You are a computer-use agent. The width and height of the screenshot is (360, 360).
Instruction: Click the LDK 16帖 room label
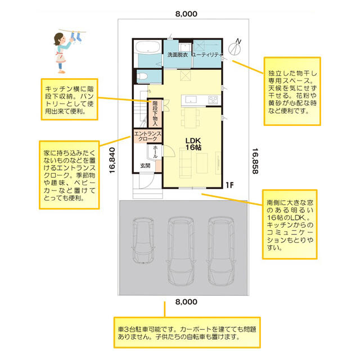(x=193, y=144)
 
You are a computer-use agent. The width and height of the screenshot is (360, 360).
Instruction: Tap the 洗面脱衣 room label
(x=178, y=55)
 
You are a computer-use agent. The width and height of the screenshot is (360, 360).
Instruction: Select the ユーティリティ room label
(x=207, y=55)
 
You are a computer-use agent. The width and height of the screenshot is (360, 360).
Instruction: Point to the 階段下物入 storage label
(x=155, y=113)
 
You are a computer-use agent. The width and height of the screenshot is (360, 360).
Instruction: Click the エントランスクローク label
(x=147, y=136)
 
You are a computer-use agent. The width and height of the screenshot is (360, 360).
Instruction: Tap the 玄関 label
(x=145, y=165)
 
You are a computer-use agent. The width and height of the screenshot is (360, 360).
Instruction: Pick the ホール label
(x=155, y=152)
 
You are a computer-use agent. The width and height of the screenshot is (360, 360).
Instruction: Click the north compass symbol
(x=235, y=48)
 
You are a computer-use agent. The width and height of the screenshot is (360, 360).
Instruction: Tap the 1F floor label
(x=229, y=185)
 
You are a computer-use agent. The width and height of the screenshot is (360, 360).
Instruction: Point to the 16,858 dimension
(x=255, y=161)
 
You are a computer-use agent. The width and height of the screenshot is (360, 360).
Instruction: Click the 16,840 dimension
(x=112, y=160)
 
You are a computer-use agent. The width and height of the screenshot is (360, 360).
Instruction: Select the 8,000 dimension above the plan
(x=186, y=13)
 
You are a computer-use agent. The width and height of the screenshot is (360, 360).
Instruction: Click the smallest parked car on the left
(x=142, y=240)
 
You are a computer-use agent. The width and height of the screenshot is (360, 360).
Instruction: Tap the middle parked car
(x=181, y=251)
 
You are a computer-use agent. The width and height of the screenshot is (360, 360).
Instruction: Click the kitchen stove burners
(x=213, y=100)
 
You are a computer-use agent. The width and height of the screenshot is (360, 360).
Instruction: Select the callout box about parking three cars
(x=187, y=332)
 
